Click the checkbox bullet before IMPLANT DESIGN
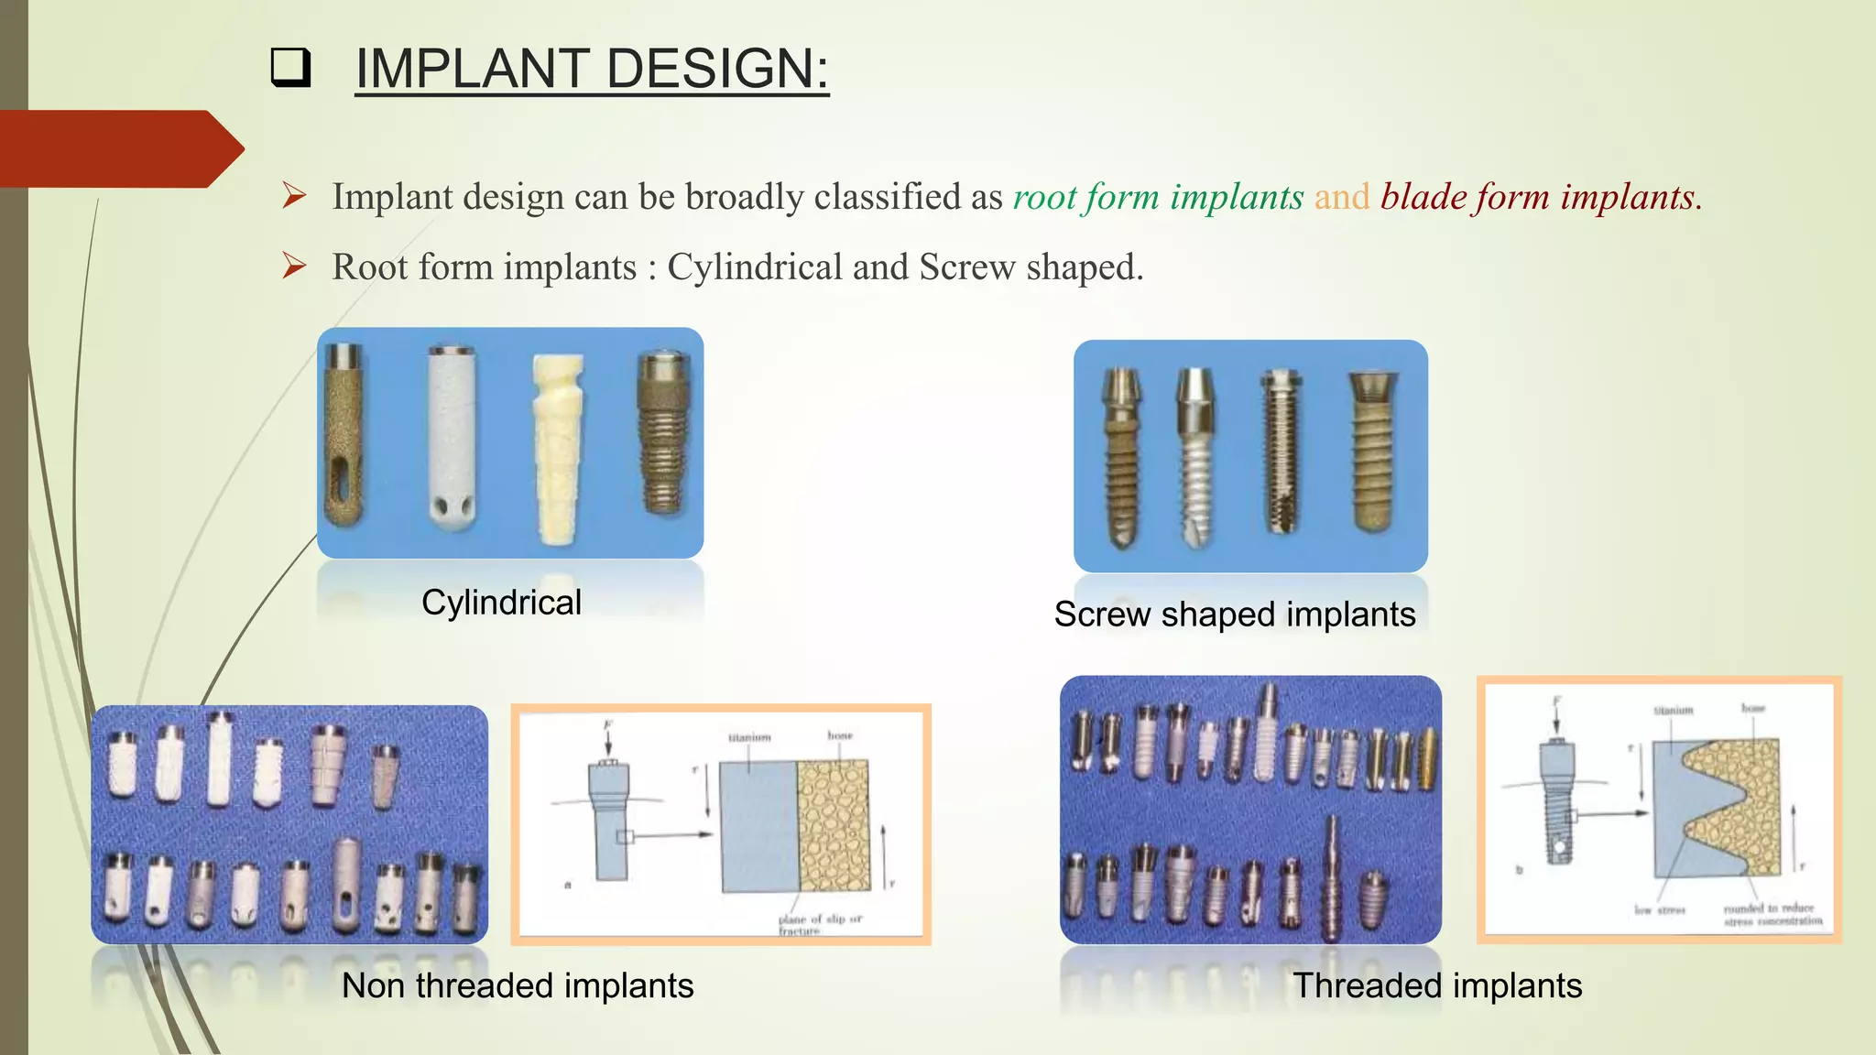[290, 69]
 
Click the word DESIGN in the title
[716, 69]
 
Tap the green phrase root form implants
[1158, 197]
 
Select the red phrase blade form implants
[1540, 197]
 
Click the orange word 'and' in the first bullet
[1342, 197]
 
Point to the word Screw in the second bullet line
[967, 267]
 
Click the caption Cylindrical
[501, 603]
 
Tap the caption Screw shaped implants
[1234, 615]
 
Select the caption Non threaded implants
[518, 986]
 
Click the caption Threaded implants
[1437, 986]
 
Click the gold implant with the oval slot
[344, 435]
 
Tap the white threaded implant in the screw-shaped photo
[1195, 458]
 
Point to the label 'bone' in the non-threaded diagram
[839, 735]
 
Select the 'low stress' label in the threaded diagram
[1659, 910]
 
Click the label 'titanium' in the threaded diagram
[1673, 711]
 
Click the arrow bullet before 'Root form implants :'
[294, 266]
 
